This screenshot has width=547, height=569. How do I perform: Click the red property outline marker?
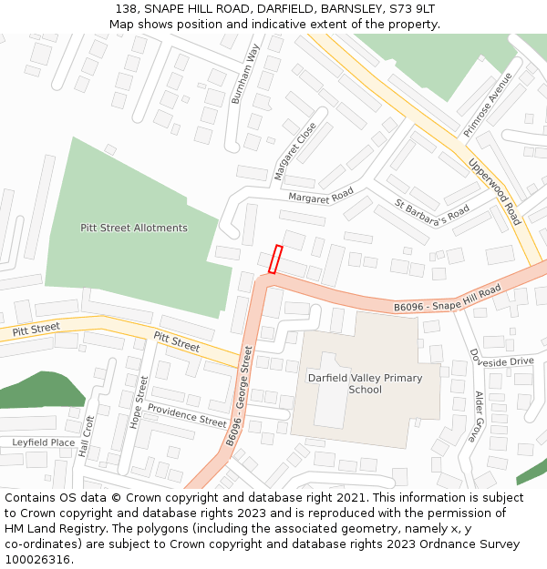(x=275, y=259)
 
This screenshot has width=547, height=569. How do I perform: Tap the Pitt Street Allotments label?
(x=134, y=228)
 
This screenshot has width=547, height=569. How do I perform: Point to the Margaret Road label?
(x=321, y=196)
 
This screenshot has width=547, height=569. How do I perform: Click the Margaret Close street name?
(x=294, y=150)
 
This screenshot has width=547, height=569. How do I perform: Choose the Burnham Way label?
(x=245, y=73)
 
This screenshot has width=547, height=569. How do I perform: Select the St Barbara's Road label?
(x=431, y=213)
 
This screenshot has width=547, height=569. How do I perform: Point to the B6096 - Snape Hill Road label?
(x=448, y=299)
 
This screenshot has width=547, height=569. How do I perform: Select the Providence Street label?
(x=187, y=416)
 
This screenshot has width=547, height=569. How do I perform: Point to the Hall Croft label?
(x=88, y=437)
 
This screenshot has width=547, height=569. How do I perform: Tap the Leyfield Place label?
(x=43, y=442)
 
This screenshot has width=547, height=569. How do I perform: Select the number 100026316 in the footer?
(x=37, y=559)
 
